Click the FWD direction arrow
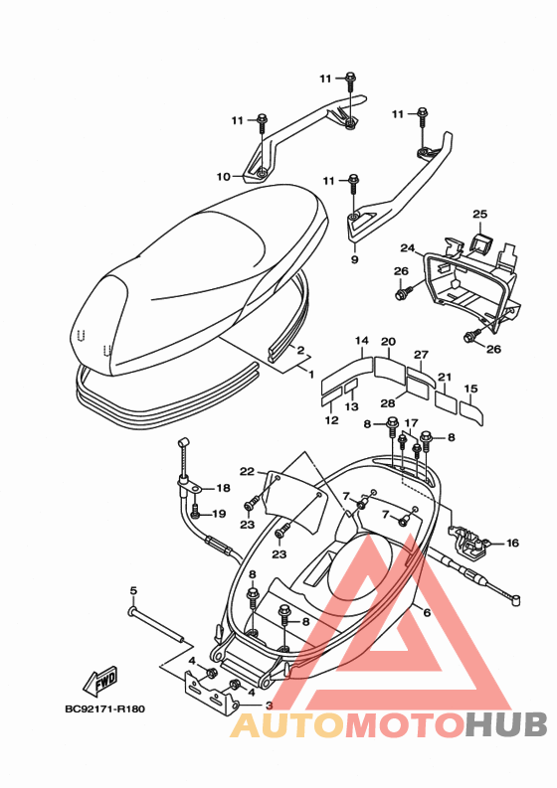tap(100, 680)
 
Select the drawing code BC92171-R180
tap(104, 709)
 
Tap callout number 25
tap(480, 214)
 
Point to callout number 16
tap(511, 543)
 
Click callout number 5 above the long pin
tap(133, 590)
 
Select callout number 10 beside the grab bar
tap(224, 177)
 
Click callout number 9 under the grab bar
tap(355, 259)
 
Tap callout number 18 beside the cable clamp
tap(223, 488)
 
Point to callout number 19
tap(219, 514)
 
